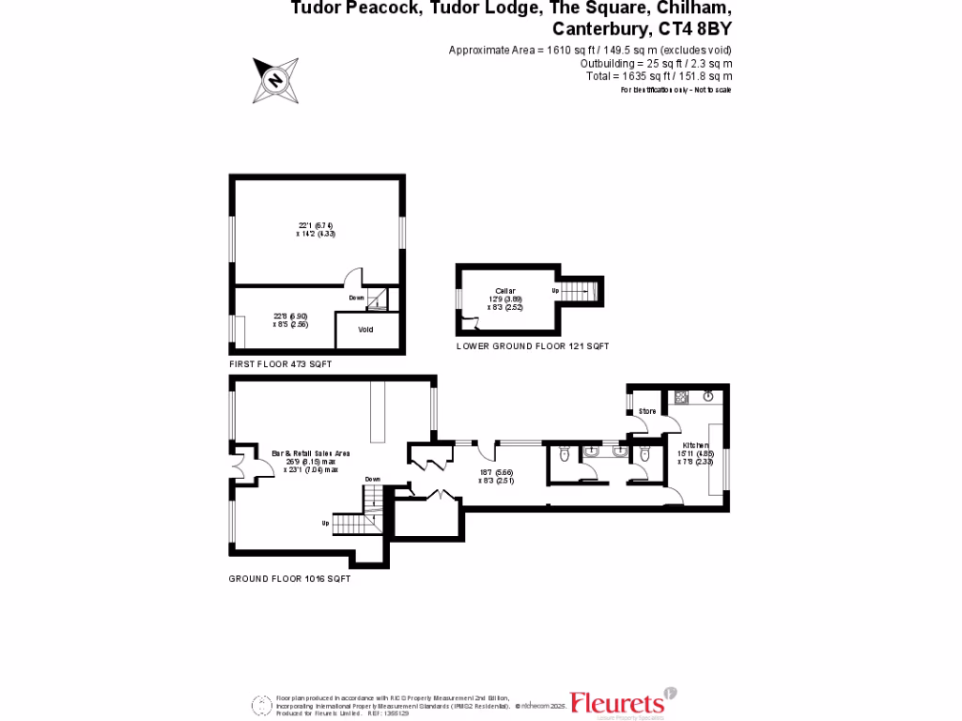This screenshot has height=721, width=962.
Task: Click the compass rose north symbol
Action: (x=276, y=80)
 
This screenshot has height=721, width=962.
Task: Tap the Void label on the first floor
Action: (x=366, y=330)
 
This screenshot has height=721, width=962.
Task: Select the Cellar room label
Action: (x=505, y=291)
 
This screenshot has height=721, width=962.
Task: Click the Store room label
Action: (x=647, y=412)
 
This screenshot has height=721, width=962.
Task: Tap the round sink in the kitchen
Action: (x=707, y=396)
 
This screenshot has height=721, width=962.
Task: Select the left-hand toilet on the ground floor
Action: (x=563, y=455)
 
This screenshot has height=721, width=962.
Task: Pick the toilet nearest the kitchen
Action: (x=643, y=455)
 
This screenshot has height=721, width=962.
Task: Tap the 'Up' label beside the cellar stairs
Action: (x=555, y=292)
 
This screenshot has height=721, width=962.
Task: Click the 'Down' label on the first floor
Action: (x=356, y=298)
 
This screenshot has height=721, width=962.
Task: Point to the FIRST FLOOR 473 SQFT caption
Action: (x=280, y=363)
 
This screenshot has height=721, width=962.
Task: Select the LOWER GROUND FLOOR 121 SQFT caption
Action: (x=532, y=346)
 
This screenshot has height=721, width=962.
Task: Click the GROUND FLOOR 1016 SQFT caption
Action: (x=289, y=579)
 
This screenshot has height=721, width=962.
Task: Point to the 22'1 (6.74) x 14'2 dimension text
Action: (x=316, y=229)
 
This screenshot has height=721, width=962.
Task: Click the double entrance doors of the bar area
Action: (x=240, y=464)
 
